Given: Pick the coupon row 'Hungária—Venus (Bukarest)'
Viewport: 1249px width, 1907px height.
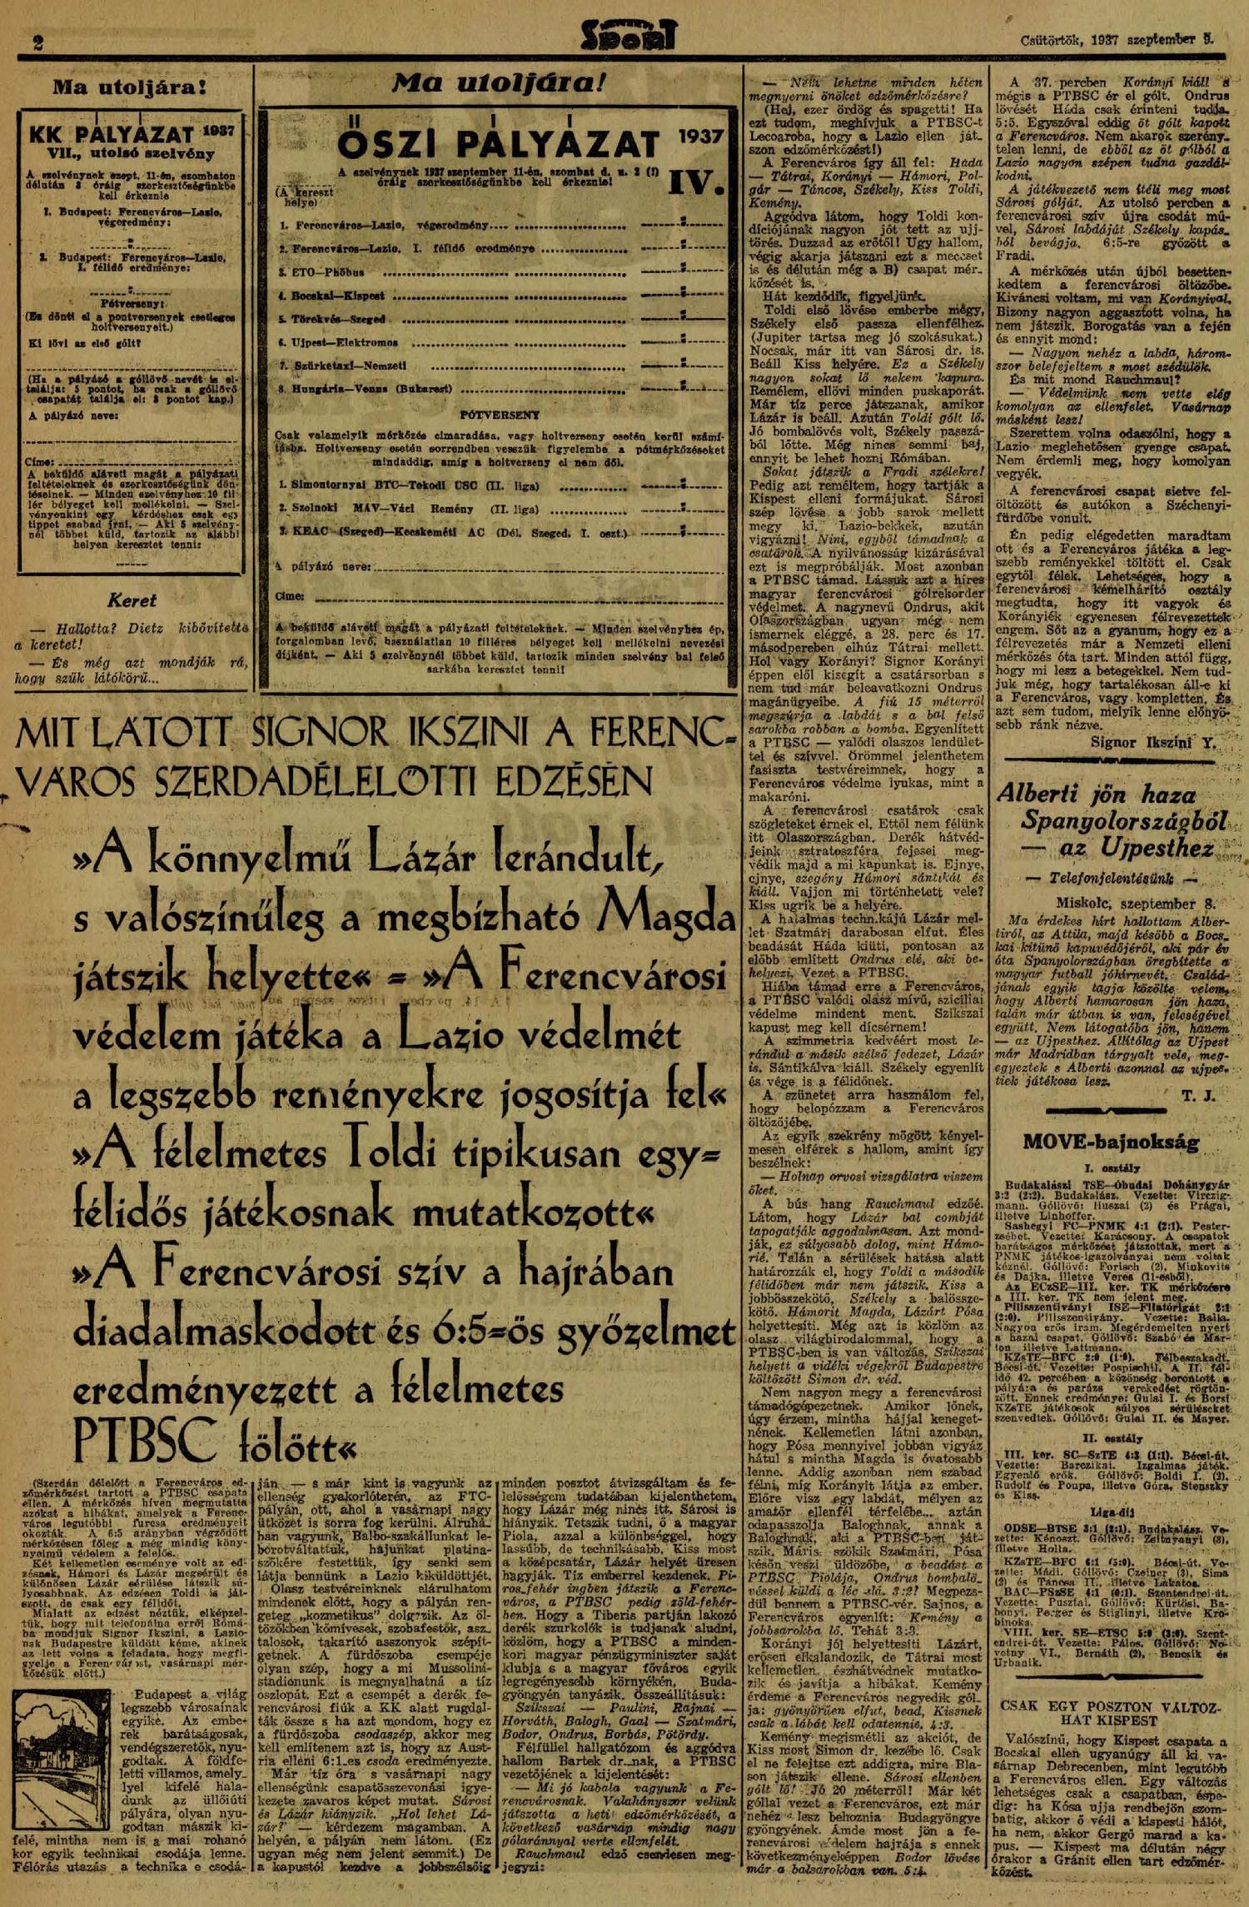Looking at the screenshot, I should point(366,389).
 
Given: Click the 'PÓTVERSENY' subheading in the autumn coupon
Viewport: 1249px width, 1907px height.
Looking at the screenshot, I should point(500,414).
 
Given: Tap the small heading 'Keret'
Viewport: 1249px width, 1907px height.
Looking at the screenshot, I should point(132,600).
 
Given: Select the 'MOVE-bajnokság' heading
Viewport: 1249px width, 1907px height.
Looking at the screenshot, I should point(1111,1142).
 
